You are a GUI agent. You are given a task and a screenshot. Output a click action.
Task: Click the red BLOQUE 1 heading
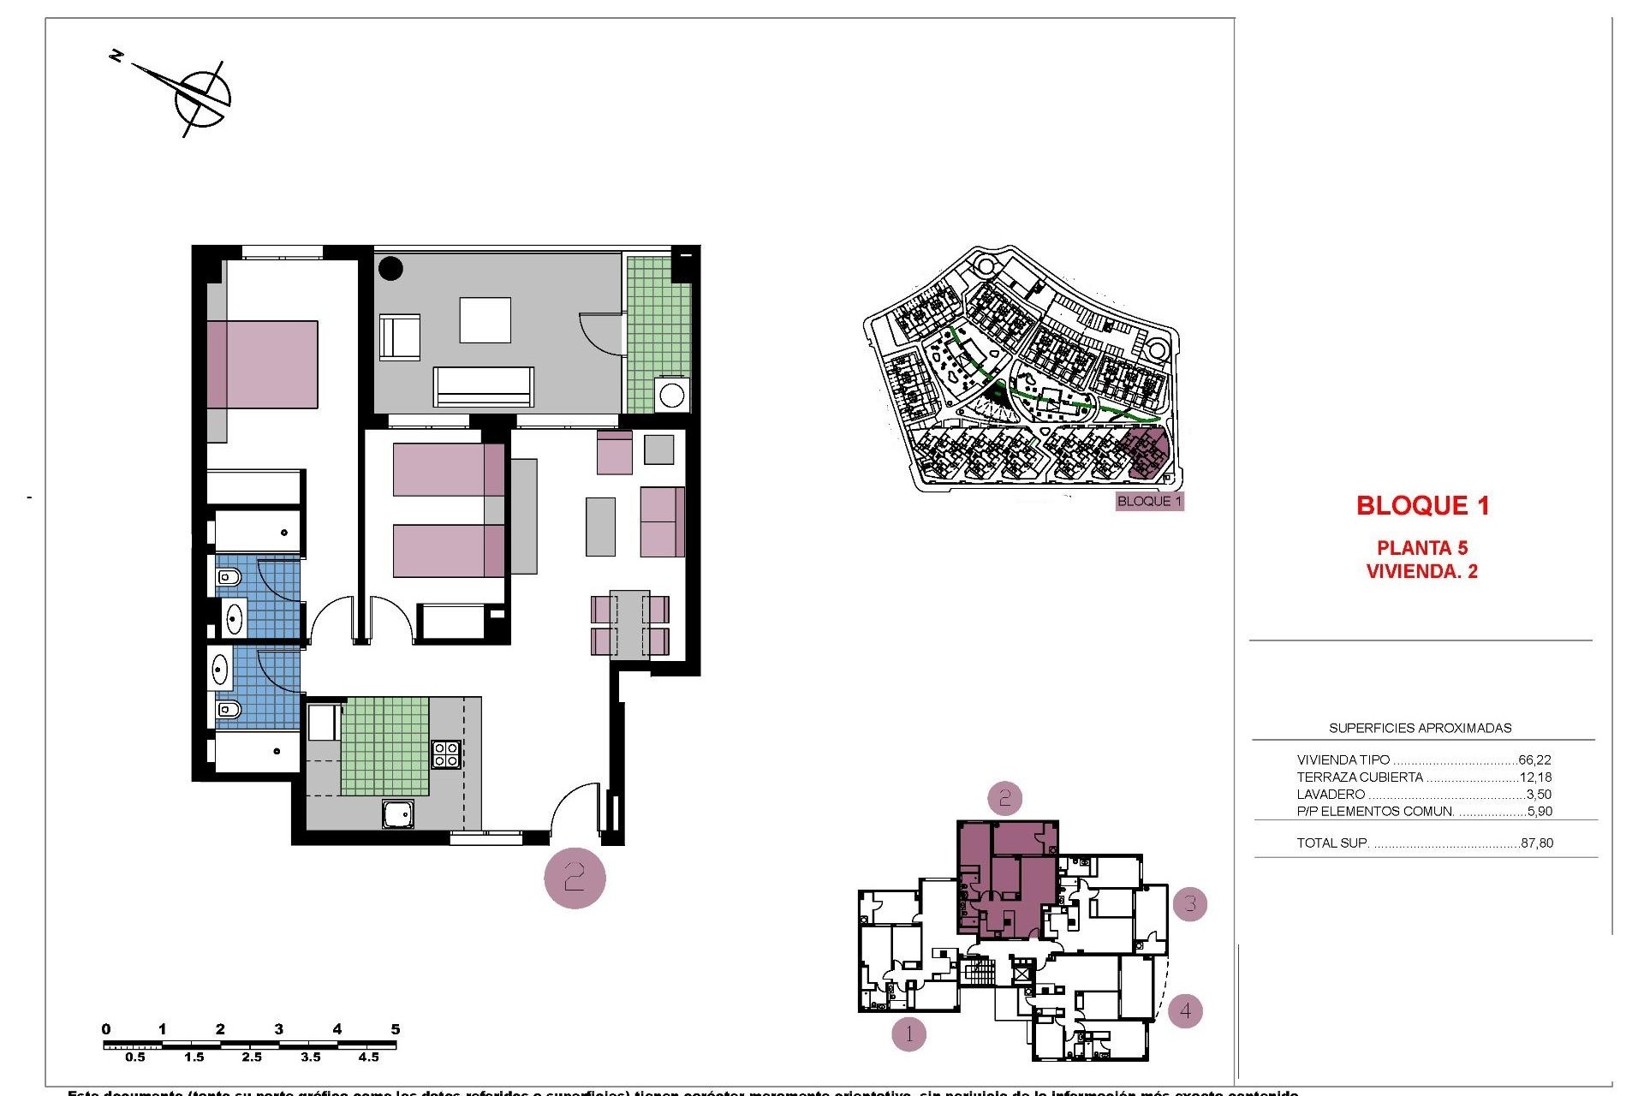(x=1422, y=506)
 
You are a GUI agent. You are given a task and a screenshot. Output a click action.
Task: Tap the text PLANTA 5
(x=1421, y=548)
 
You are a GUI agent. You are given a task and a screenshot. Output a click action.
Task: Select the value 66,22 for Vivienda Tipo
(x=1534, y=759)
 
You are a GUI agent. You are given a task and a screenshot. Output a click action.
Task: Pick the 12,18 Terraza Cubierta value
(x=1534, y=777)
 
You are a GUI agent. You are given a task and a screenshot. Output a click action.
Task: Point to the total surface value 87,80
(x=1537, y=843)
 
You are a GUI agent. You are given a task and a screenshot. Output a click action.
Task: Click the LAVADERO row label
(x=1331, y=795)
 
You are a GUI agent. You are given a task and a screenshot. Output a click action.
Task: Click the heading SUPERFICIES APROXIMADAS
(x=1420, y=728)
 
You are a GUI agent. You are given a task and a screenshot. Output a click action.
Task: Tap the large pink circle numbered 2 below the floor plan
(x=575, y=878)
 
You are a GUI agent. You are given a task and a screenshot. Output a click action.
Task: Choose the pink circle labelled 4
(x=1185, y=1011)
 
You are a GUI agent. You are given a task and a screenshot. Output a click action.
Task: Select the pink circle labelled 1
(x=908, y=1034)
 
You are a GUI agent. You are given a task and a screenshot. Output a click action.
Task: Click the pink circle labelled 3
(x=1190, y=903)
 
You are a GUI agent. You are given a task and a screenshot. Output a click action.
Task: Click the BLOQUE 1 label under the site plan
(x=1149, y=502)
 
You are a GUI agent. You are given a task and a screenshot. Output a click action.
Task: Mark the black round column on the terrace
(x=390, y=268)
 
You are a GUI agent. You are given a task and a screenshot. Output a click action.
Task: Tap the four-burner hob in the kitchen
(x=446, y=754)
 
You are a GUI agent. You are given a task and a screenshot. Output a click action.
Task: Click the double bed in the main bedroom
(x=262, y=365)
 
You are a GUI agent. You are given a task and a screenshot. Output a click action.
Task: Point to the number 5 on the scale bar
(x=395, y=1029)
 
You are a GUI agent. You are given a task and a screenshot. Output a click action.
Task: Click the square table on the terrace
(x=485, y=320)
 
